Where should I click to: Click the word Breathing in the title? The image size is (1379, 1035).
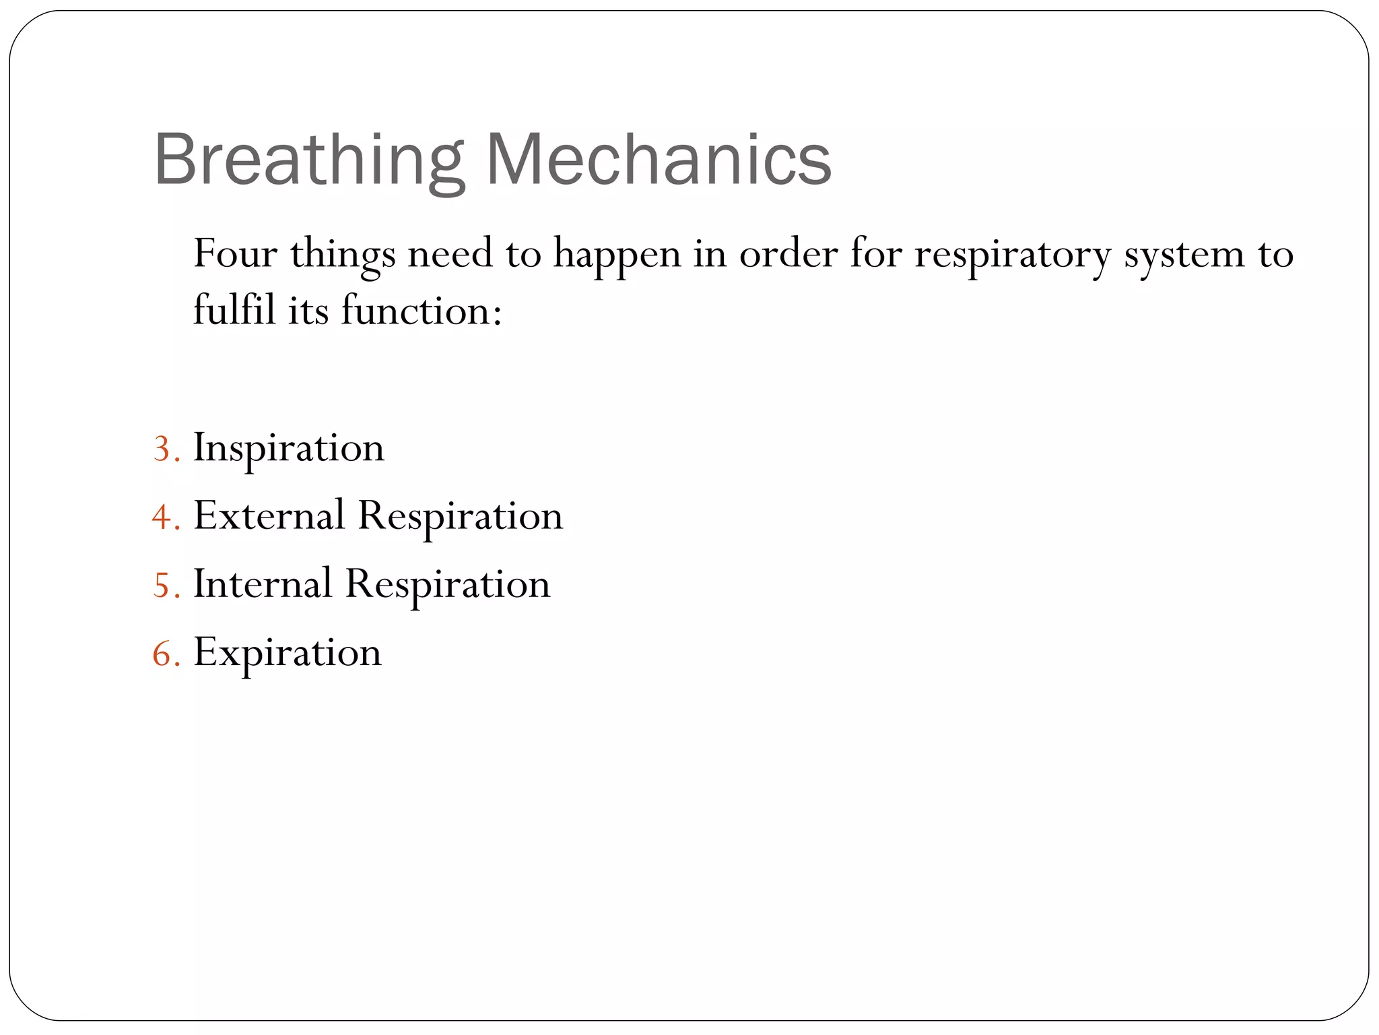(309, 160)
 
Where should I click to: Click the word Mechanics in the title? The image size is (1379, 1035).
(659, 160)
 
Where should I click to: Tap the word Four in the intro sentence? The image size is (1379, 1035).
(235, 254)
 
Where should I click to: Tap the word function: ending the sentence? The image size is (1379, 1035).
(422, 311)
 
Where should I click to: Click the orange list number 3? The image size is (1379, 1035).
(162, 449)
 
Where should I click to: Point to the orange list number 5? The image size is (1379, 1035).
(162, 585)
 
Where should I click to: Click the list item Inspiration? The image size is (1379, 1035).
(289, 448)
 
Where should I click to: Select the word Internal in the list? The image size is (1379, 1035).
(263, 584)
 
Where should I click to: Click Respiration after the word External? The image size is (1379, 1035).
(461, 517)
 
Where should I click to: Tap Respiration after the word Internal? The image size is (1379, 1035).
(448, 585)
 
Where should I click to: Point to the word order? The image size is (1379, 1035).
(788, 254)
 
